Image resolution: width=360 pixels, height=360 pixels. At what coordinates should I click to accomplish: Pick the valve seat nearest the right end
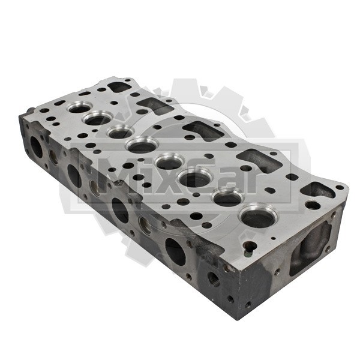click(x=258, y=216)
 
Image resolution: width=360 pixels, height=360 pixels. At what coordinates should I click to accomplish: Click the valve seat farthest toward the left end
click(x=80, y=107)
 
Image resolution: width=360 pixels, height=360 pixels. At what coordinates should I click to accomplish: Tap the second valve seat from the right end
click(x=228, y=197)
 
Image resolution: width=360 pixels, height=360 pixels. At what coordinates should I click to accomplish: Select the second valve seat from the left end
click(x=98, y=118)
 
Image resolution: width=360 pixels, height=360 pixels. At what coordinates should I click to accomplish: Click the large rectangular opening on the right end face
click(x=310, y=248)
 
